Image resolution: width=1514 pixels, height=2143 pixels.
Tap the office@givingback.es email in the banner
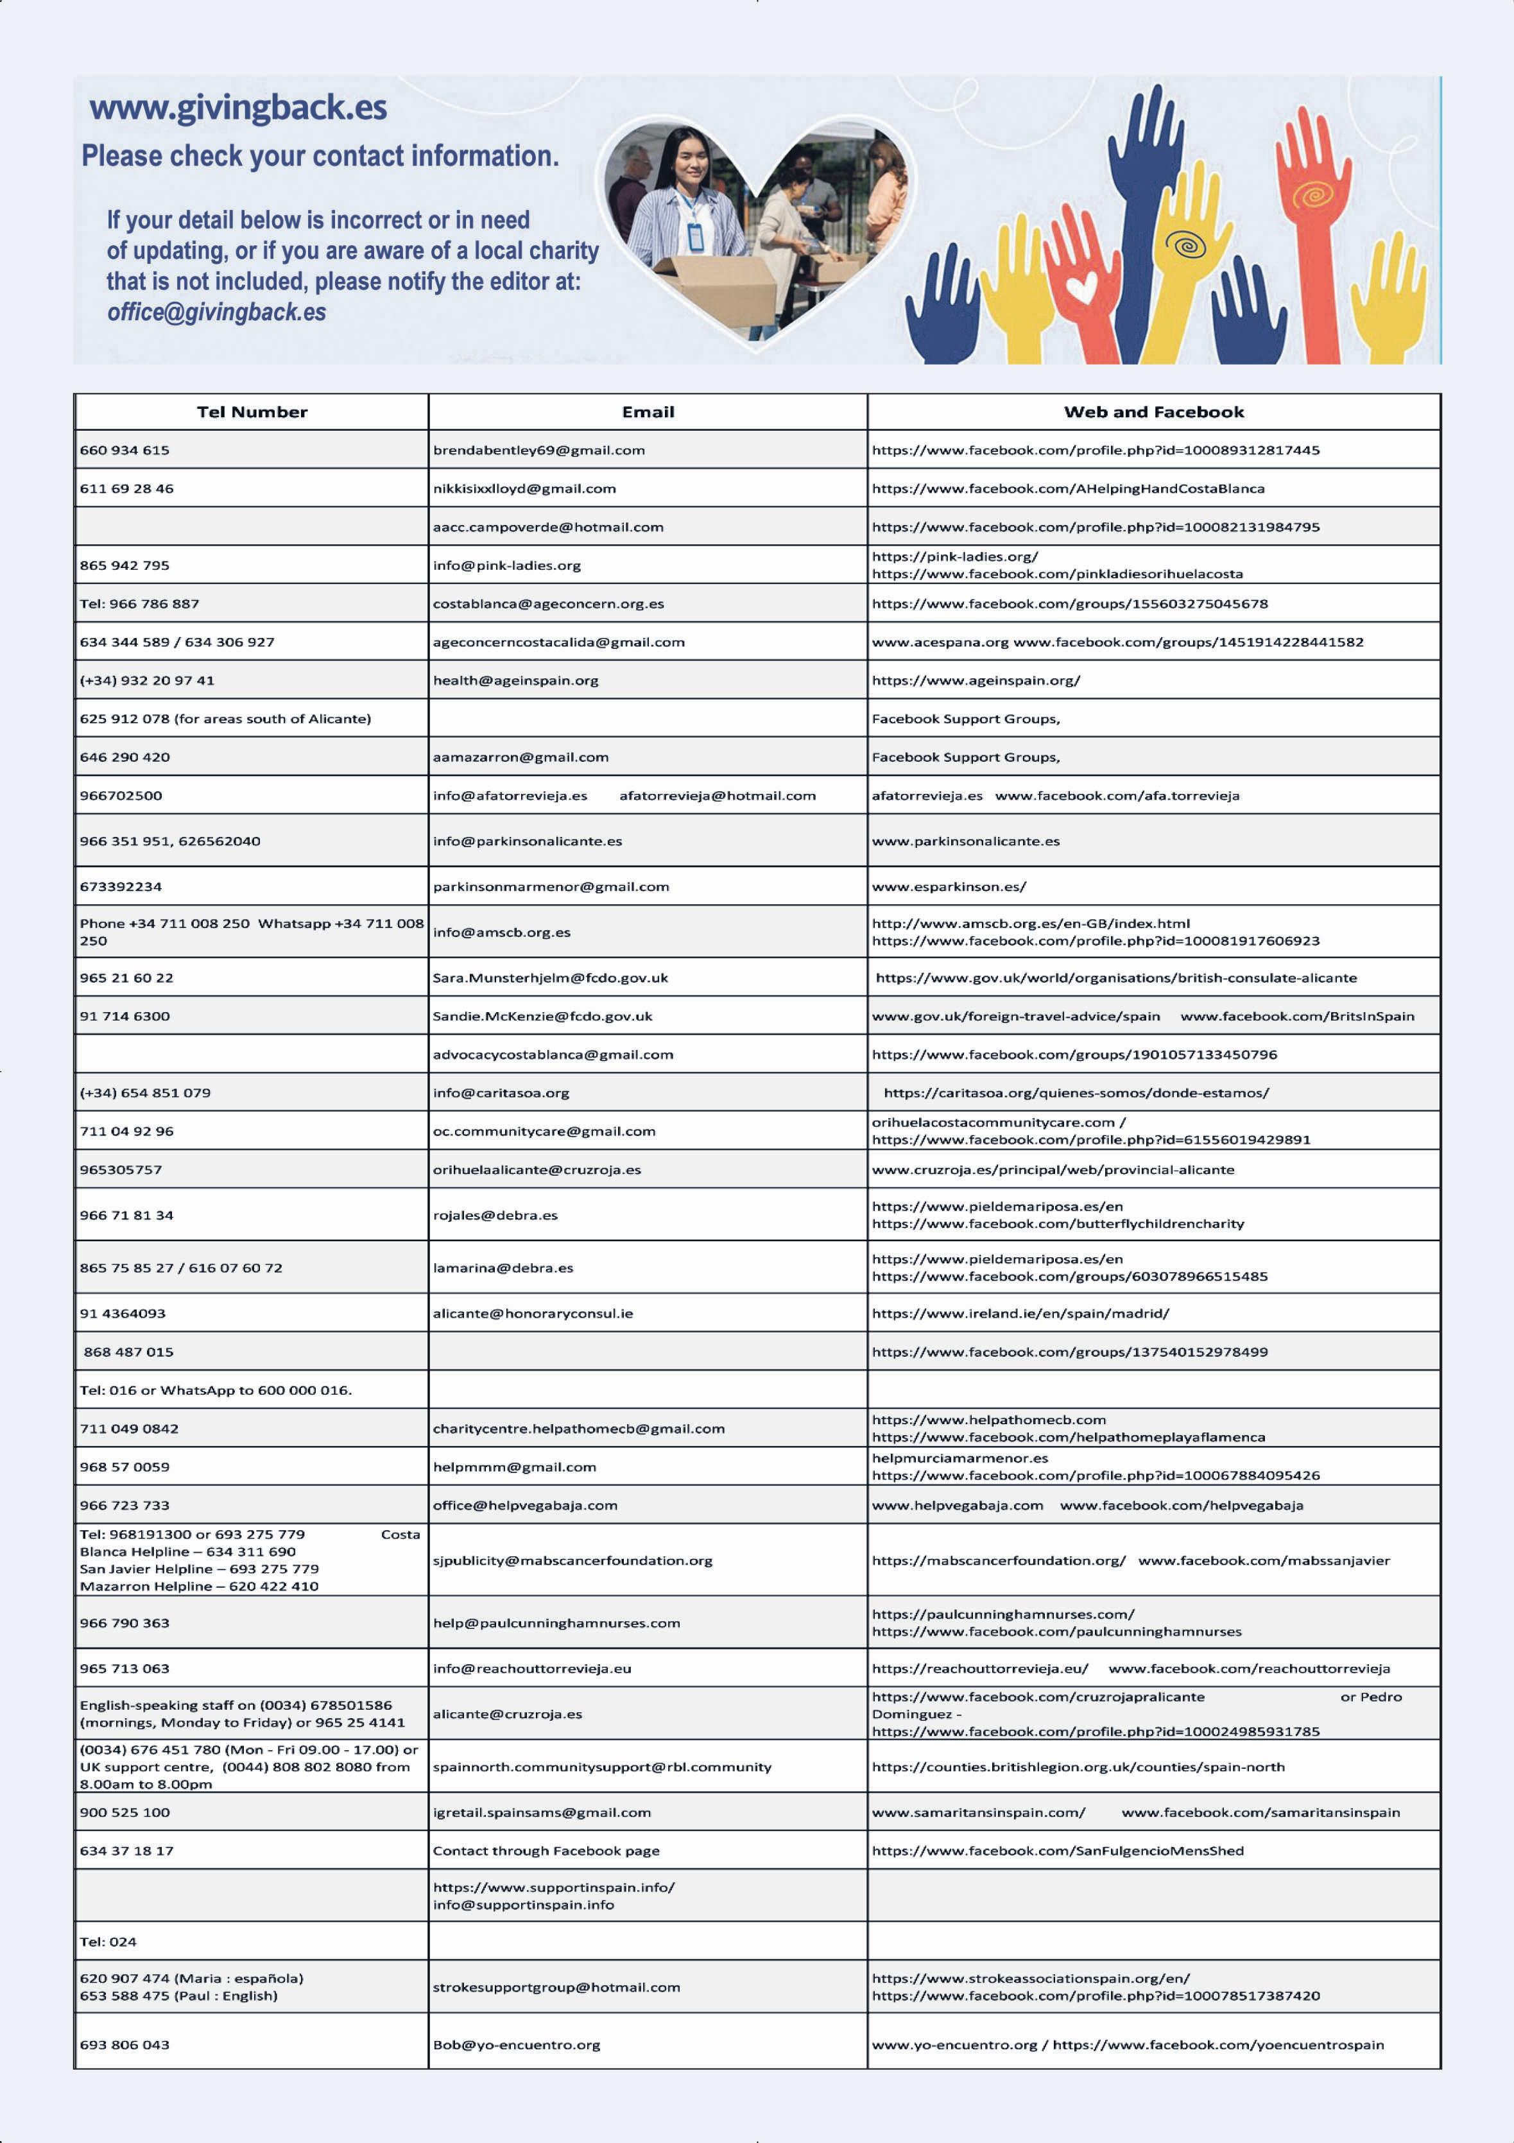tap(216, 313)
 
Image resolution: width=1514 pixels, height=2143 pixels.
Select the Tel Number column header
tap(252, 411)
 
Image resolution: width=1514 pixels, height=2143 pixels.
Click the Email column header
tap(648, 411)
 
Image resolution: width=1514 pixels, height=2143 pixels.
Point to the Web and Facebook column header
tap(1154, 411)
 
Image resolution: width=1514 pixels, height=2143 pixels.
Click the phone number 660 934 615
tap(125, 450)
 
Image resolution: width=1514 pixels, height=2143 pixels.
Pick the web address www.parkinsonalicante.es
tap(965, 841)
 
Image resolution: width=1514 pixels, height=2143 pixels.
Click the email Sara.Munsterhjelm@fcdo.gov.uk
tap(550, 978)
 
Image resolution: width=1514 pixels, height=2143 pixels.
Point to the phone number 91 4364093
tap(123, 1313)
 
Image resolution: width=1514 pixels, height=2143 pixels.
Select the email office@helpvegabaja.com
tap(524, 1504)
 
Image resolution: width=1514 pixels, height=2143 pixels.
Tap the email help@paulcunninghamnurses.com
tap(556, 1623)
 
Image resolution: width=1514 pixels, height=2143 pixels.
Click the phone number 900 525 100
tap(125, 1812)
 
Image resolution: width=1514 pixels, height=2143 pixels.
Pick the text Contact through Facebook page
tap(546, 1850)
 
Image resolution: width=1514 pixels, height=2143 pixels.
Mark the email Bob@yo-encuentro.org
tap(516, 2044)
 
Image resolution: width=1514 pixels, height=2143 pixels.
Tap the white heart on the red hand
tap(1082, 286)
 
